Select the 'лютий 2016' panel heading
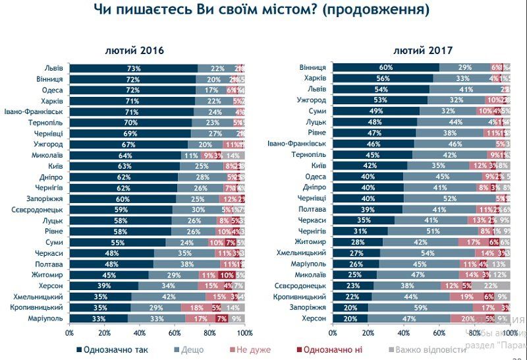tap(134, 51)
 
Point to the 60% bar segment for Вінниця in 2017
tap(386, 68)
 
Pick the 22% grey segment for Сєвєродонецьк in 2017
tap(491, 285)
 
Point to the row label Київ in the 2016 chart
tap(54, 166)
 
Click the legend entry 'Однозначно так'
tap(113, 349)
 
